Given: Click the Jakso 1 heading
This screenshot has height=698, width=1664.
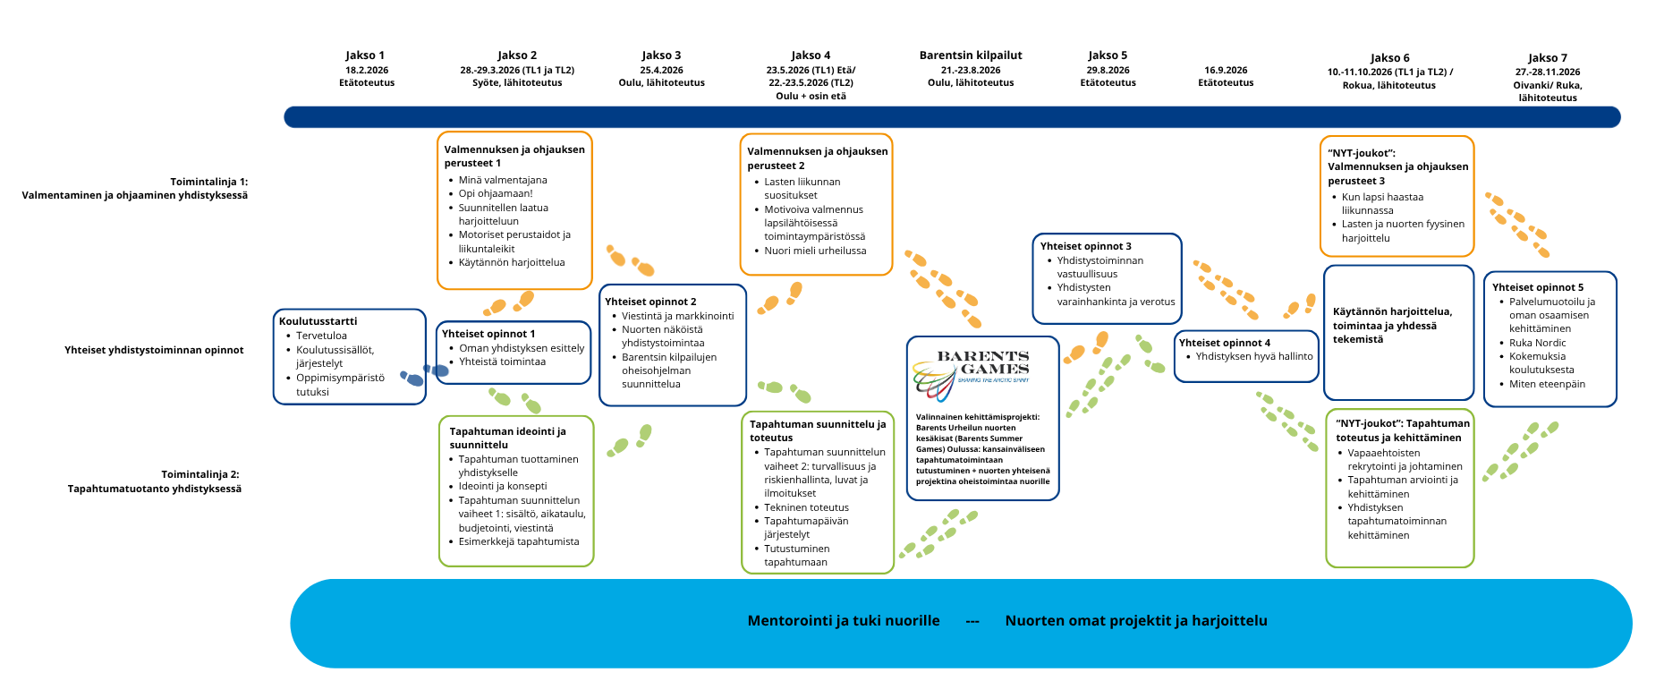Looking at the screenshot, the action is click(365, 55).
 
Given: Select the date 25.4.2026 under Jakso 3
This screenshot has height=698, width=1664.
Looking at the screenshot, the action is click(661, 70).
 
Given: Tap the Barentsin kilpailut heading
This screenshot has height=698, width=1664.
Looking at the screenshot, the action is click(971, 55).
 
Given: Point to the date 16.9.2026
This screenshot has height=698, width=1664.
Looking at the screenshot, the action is click(1226, 70).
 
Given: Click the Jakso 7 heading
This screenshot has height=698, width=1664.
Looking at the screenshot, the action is click(1548, 58).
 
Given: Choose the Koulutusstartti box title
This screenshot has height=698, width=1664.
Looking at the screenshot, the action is click(318, 321).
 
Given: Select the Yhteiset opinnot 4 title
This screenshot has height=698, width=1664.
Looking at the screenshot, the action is click(1224, 343).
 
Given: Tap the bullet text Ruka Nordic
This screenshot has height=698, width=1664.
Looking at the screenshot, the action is click(1537, 343).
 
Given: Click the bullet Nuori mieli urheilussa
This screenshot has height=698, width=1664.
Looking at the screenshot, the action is click(815, 251).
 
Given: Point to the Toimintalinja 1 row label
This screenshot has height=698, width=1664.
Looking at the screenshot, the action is click(135, 188).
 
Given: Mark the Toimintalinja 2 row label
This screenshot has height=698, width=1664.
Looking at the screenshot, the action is click(155, 481).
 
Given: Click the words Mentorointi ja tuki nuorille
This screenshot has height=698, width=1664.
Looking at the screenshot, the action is click(844, 621).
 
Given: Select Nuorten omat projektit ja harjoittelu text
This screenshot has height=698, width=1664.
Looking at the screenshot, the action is click(1136, 621).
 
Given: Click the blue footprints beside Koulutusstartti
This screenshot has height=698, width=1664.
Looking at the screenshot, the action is click(424, 375).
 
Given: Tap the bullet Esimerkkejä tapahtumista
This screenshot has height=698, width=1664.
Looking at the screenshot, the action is click(518, 541).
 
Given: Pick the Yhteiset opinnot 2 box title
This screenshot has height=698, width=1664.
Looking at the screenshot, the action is click(650, 302).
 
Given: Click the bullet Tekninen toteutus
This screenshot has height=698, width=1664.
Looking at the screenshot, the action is click(806, 507).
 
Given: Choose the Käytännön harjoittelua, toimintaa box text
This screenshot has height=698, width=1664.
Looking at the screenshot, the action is click(1392, 325).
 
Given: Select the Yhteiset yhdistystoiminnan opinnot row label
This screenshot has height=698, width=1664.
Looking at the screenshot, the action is click(154, 350).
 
